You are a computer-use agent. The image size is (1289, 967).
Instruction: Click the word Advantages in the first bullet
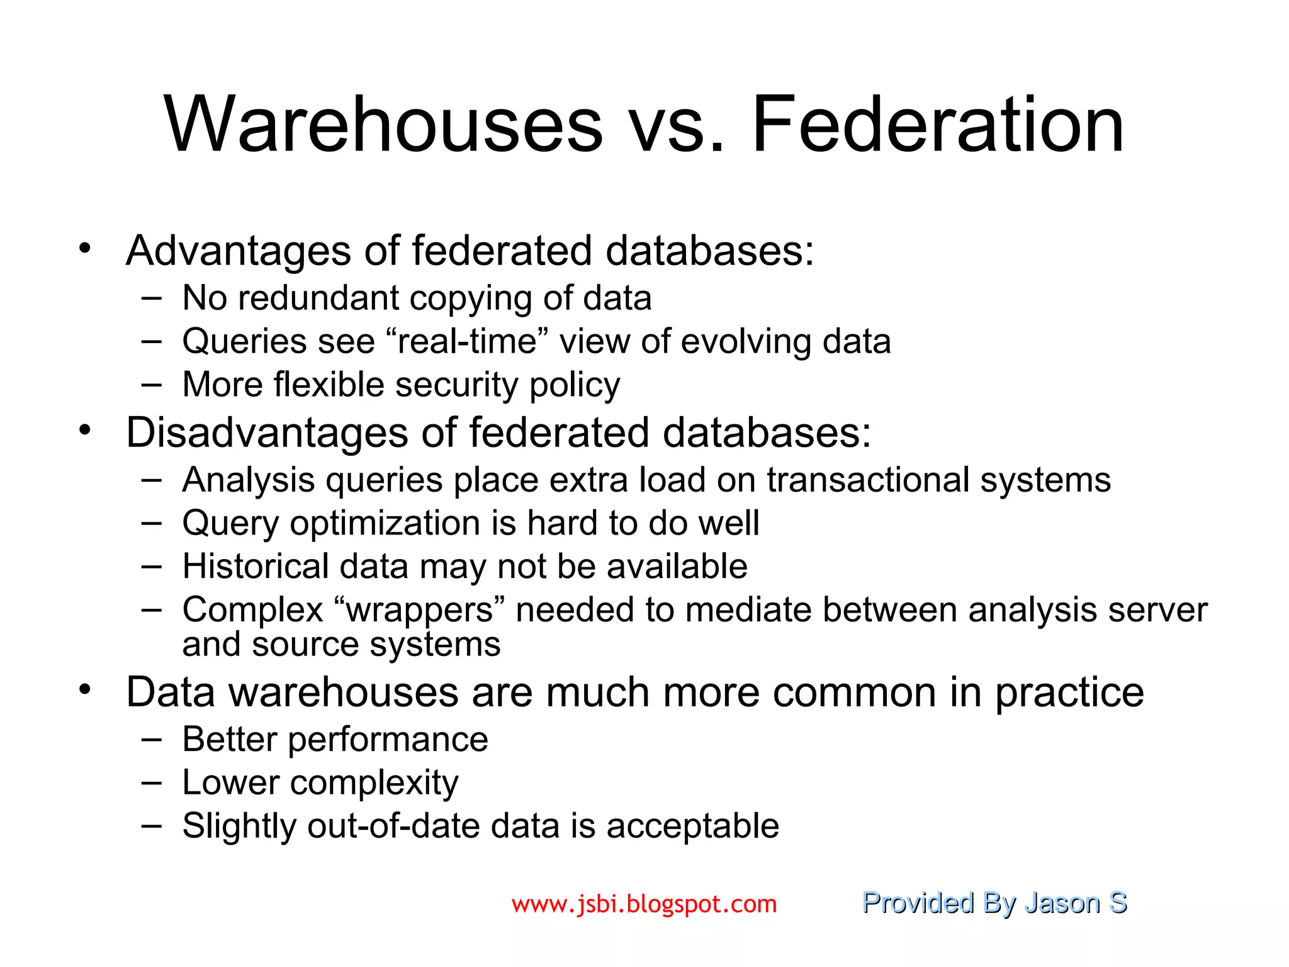(x=239, y=251)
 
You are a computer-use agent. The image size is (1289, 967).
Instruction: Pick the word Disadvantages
(x=267, y=433)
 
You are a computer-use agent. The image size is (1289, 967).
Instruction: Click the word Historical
(x=256, y=566)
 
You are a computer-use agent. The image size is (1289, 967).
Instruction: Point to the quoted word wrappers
(x=419, y=610)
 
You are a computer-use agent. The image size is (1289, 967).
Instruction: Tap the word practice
(x=1069, y=693)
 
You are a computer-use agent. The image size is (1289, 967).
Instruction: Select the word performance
(x=388, y=739)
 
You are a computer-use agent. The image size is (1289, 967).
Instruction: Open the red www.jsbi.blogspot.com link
(x=644, y=905)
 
